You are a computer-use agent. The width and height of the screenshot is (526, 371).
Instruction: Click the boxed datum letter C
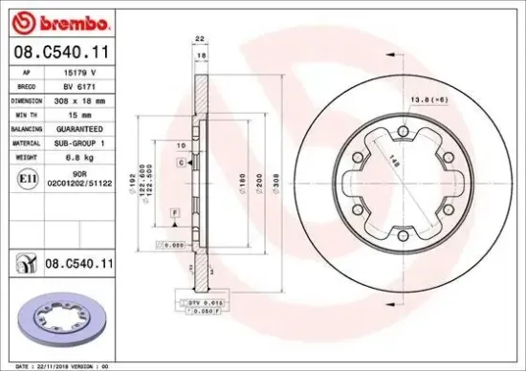pyautogui.click(x=180, y=164)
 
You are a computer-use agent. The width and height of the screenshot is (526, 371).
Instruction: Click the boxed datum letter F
pyautogui.click(x=174, y=209)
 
